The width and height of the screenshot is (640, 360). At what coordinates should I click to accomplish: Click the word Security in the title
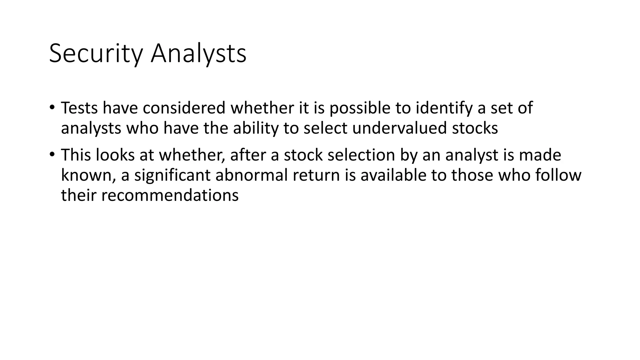(x=96, y=54)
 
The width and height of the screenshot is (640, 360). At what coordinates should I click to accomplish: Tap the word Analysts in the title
(x=198, y=54)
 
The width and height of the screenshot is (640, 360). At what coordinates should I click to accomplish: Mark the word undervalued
(x=399, y=128)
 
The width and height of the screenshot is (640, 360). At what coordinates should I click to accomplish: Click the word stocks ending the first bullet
(x=475, y=128)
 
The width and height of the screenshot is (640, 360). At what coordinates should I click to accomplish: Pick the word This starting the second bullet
(x=76, y=155)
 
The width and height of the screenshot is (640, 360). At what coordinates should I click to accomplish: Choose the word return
(x=316, y=175)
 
